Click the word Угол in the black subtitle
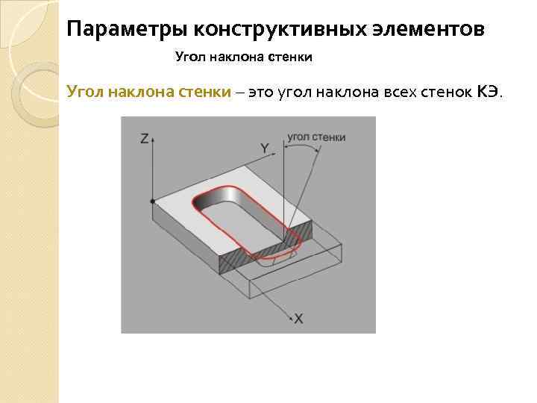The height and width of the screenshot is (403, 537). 189,57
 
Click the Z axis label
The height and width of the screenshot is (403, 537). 145,138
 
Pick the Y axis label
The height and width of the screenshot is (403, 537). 265,149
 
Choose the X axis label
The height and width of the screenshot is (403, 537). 299,318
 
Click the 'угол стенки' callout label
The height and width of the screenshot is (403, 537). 316,137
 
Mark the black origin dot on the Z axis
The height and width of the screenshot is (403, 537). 152,201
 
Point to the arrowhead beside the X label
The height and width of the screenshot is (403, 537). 288,316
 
